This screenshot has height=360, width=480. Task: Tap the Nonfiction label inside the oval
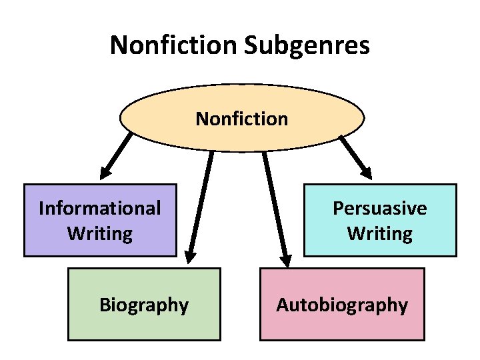click(x=241, y=119)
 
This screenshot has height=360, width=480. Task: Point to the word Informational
click(x=100, y=208)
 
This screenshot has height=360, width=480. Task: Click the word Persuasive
click(x=380, y=208)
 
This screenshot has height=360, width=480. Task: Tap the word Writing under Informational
click(x=100, y=234)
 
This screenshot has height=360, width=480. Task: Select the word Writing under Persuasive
click(x=380, y=234)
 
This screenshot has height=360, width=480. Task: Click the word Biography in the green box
click(x=144, y=305)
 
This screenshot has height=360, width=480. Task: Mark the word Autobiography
click(x=342, y=305)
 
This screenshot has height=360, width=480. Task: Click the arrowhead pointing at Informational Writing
click(x=105, y=171)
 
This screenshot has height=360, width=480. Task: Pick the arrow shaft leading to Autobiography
click(x=274, y=200)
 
